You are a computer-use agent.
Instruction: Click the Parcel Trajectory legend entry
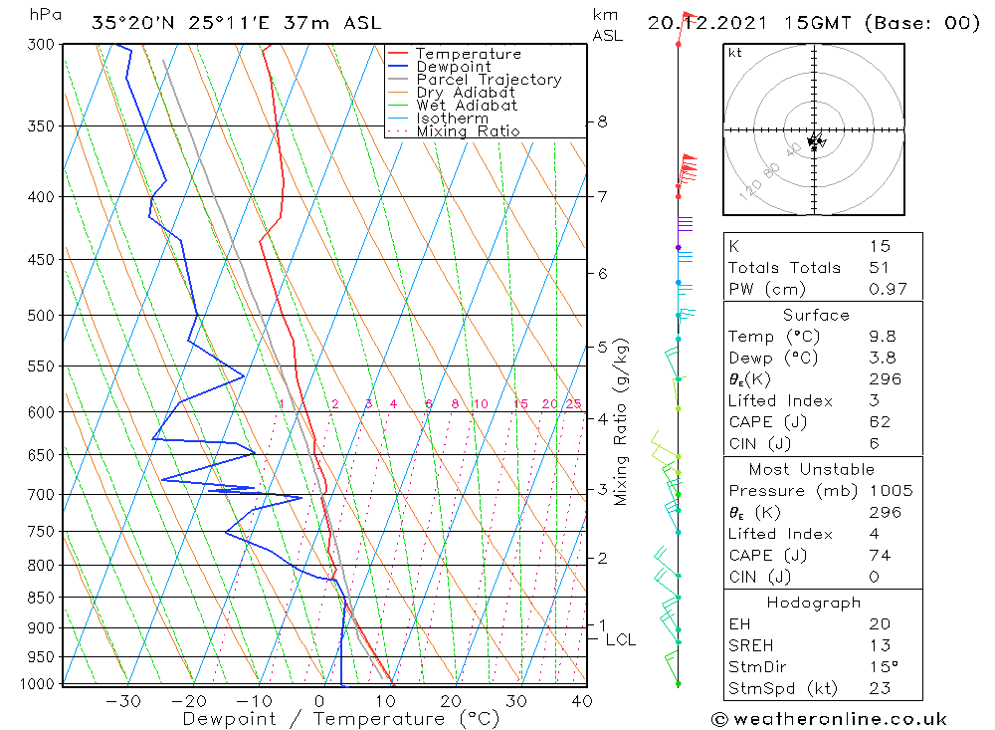489,80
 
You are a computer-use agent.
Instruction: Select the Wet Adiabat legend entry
467,106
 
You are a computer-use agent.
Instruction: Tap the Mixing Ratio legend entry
468,131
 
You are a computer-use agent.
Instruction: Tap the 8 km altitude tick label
602,122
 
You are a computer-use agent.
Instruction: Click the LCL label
620,639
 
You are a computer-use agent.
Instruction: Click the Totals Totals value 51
879,268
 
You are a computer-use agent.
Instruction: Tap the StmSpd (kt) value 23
879,688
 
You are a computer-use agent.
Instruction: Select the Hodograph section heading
815,603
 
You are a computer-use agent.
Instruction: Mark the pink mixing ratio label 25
573,403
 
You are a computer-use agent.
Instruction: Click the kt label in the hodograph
735,53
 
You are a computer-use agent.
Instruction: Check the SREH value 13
879,645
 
